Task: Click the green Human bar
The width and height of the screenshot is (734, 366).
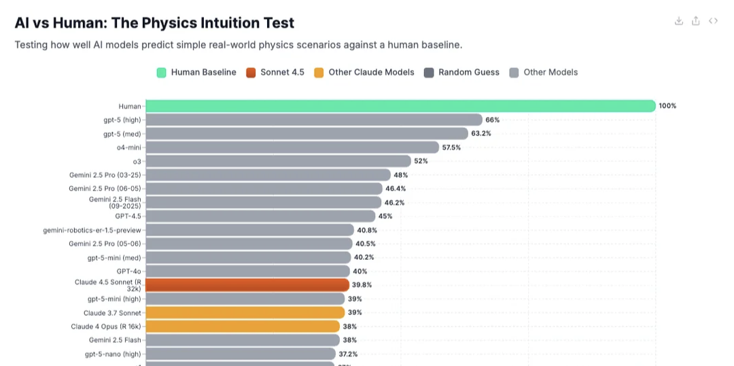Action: (x=400, y=106)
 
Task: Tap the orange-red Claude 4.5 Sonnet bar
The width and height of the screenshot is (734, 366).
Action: (x=247, y=285)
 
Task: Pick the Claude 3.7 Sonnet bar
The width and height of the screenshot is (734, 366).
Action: (x=245, y=313)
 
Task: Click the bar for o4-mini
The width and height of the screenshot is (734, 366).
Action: (x=292, y=148)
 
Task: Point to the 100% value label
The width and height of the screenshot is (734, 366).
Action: (x=667, y=106)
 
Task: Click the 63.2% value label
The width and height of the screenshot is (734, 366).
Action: (x=481, y=134)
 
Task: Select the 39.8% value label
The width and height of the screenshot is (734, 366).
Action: (x=362, y=285)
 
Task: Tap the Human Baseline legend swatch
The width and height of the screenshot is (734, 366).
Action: (x=161, y=73)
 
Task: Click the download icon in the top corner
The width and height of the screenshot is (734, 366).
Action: (x=678, y=21)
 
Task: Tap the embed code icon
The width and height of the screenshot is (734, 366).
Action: (x=713, y=21)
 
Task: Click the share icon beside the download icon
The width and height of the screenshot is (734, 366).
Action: (x=695, y=21)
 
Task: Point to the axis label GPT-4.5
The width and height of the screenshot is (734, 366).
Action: (x=128, y=216)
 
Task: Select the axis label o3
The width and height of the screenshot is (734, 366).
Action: (x=137, y=161)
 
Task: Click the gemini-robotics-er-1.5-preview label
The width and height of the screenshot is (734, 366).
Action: (x=92, y=230)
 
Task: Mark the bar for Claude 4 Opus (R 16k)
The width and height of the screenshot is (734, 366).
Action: (x=243, y=327)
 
